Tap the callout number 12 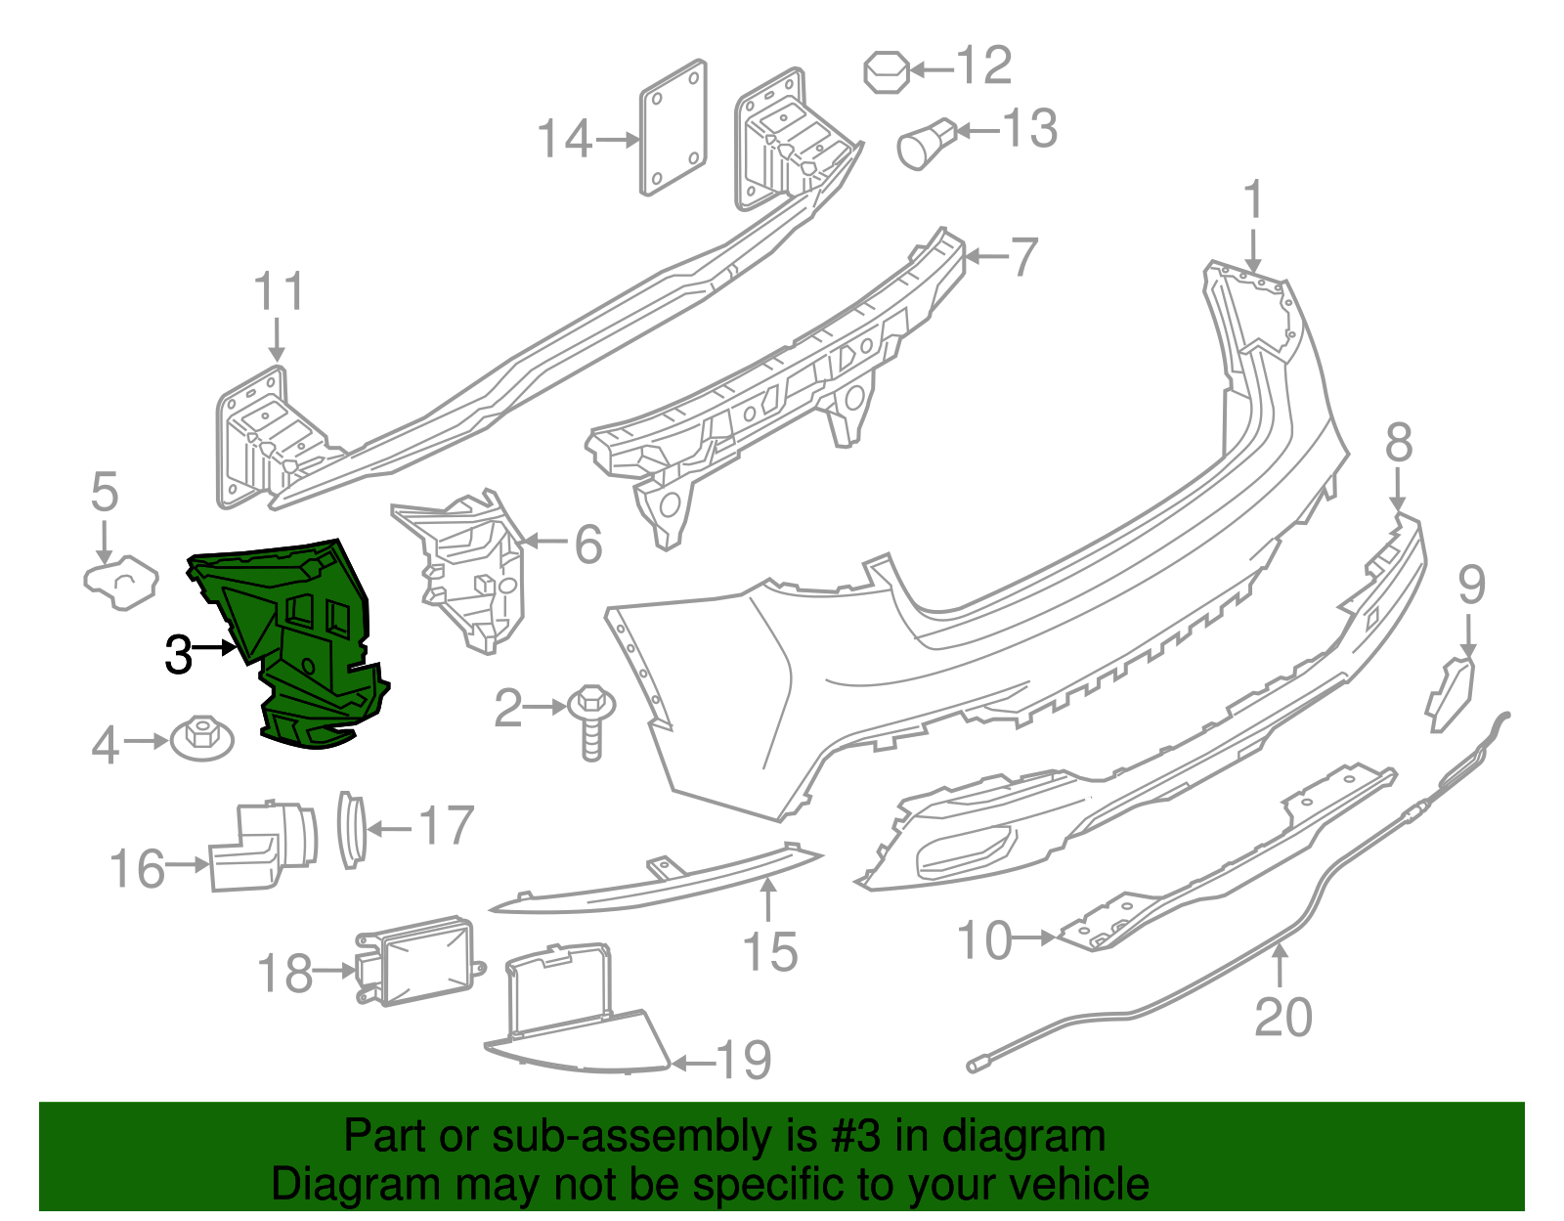pyautogui.click(x=982, y=66)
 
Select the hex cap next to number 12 pyautogui.click(x=886, y=71)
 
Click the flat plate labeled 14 pyautogui.click(x=673, y=127)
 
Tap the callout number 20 pyautogui.click(x=1282, y=1018)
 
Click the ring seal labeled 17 pyautogui.click(x=350, y=829)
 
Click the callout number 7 pyautogui.click(x=1022, y=257)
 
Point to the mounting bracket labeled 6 pyautogui.click(x=469, y=572)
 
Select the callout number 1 pyautogui.click(x=1252, y=201)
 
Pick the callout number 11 pyautogui.click(x=279, y=292)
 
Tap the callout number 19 pyautogui.click(x=744, y=1060)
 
